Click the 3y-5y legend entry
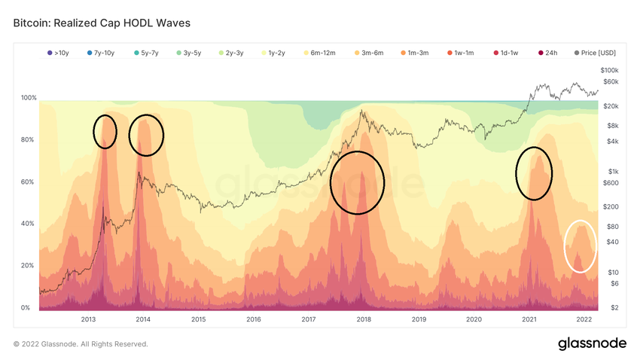tap(194, 53)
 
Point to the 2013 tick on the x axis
tap(88, 319)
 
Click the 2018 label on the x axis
tap(364, 319)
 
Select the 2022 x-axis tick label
tap(584, 319)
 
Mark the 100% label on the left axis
tap(28, 99)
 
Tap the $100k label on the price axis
tap(609, 70)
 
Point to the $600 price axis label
tap(610, 182)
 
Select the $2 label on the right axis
tap(614, 307)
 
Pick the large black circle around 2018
tap(358, 182)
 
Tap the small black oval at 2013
tap(105, 132)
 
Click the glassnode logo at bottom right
tap(592, 343)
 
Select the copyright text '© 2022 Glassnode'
tap(81, 344)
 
